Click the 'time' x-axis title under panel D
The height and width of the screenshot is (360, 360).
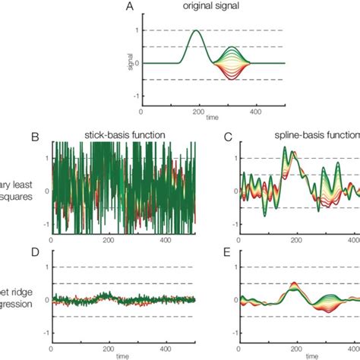click(124, 355)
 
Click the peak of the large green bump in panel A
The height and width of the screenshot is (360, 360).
click(196, 30)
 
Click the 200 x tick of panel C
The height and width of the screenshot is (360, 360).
click(294, 242)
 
